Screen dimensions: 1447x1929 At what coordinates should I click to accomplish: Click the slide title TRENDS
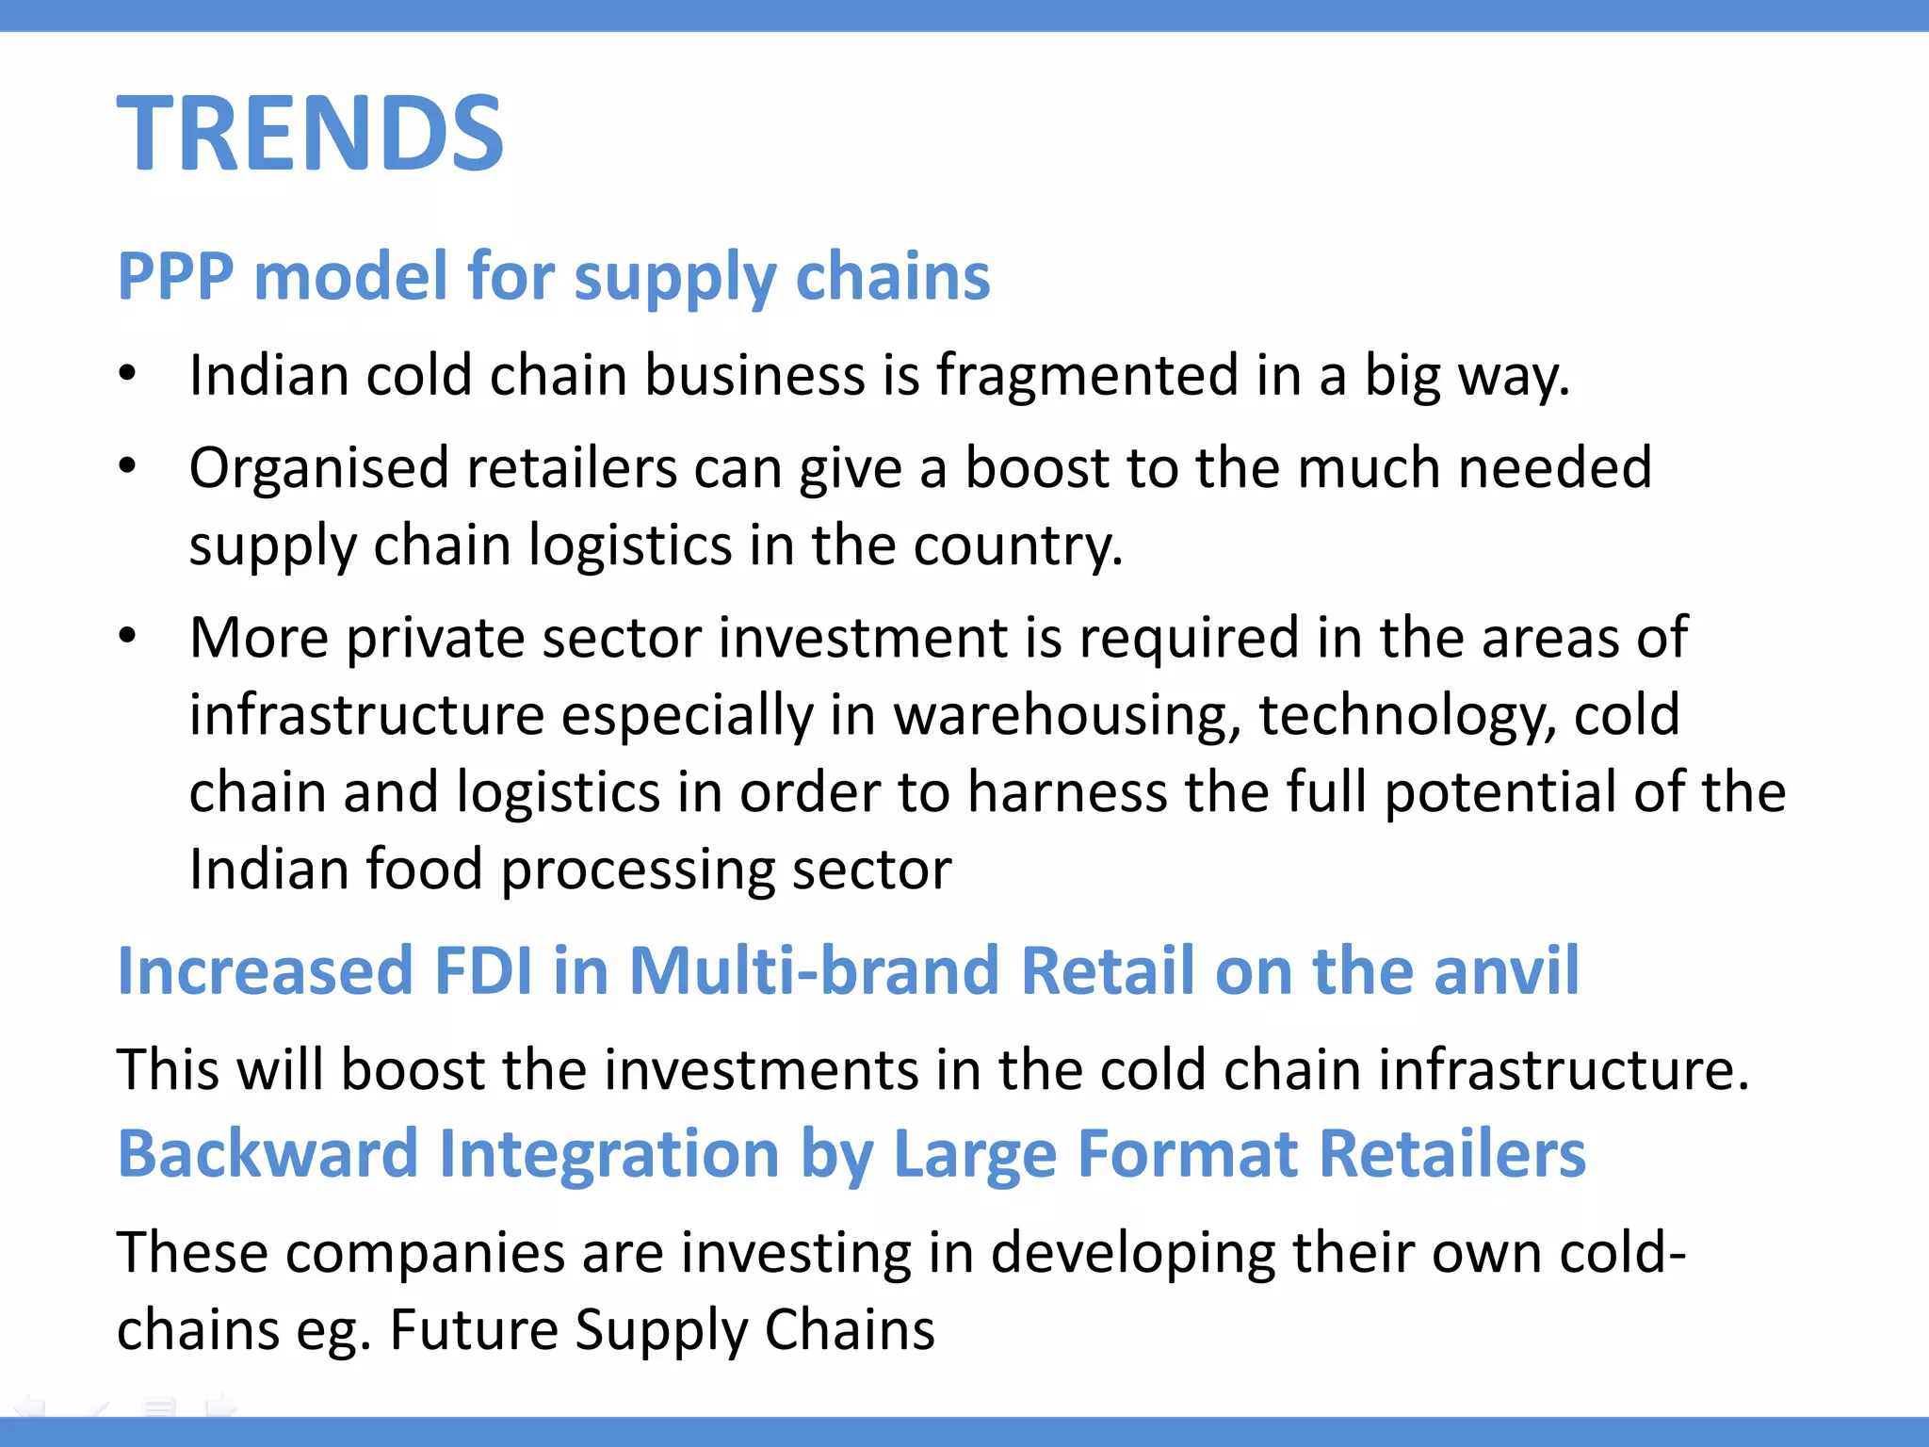310,134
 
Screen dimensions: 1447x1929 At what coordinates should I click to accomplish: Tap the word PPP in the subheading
175,277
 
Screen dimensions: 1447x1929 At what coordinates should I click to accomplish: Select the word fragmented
1087,376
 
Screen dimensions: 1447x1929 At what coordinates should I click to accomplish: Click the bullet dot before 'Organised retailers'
128,465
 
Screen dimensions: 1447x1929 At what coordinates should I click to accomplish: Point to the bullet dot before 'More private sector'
128,636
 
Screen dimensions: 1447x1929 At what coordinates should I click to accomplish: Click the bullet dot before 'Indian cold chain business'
128,373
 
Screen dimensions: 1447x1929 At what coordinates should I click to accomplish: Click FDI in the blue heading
482,970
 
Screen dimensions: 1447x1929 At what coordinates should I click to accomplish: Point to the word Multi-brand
814,970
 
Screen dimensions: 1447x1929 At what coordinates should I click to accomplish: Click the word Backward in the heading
267,1154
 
